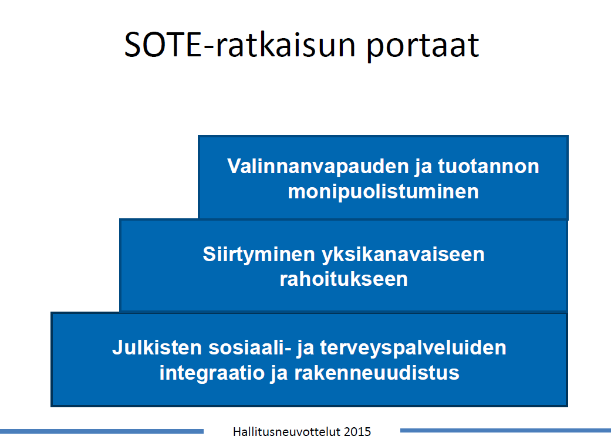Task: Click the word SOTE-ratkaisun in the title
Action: [x=239, y=45]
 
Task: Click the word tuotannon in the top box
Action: [x=489, y=166]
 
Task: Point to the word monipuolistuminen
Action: [x=383, y=192]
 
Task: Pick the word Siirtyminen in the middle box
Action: [x=259, y=255]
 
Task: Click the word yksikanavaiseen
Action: [x=403, y=255]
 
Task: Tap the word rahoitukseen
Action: [x=344, y=279]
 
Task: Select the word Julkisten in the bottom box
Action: [x=157, y=347]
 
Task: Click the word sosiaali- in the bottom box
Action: [x=250, y=347]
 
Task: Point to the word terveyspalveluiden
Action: [x=413, y=348]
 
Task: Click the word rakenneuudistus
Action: [x=377, y=373]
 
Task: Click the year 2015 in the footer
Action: [x=357, y=431]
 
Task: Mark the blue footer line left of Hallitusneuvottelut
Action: [x=102, y=431]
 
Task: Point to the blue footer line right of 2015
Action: [x=505, y=430]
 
